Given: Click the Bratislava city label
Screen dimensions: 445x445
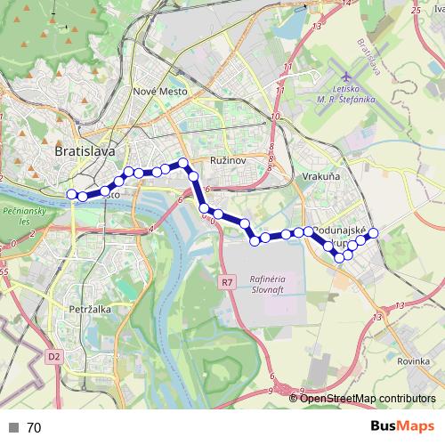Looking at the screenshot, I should pos(85,151).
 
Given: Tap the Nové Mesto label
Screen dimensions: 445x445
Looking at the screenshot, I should pos(158,91).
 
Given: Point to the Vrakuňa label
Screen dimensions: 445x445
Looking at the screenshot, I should pos(320,177).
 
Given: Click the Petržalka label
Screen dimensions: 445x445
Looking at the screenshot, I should pos(88,311).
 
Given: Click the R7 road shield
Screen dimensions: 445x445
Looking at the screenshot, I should pos(227,282).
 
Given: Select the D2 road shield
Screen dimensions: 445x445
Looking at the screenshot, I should pos(54,356).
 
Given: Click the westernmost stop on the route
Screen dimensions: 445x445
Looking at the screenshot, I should pos(72,193).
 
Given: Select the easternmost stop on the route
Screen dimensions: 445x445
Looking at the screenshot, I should pos(374,232).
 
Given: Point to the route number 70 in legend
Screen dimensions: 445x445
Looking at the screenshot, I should pos(34,428).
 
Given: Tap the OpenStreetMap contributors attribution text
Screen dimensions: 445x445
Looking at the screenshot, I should pos(368,399).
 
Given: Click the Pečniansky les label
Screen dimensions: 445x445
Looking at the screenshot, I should pos(17,216).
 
